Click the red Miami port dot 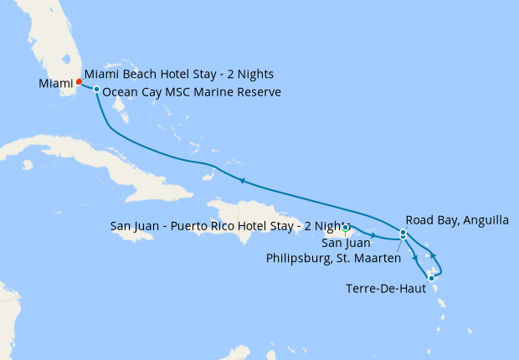pos(79,82)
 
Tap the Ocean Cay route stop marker pos(97,90)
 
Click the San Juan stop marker pos(346,227)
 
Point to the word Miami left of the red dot pos(55,83)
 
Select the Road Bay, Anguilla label pos(457,220)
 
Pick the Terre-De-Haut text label pos(384,289)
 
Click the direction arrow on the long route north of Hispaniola pos(242,180)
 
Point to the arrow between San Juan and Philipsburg pos(374,235)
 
